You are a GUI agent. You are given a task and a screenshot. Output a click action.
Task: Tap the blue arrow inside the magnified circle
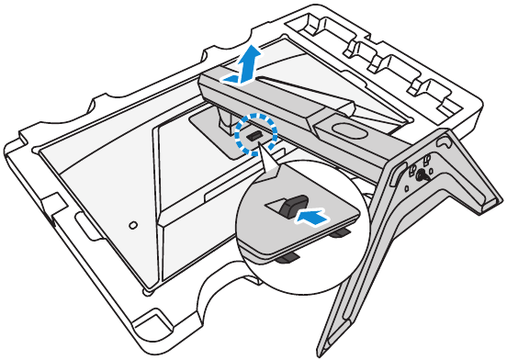(312, 218)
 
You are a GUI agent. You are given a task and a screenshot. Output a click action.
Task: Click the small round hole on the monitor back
(132, 222)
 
